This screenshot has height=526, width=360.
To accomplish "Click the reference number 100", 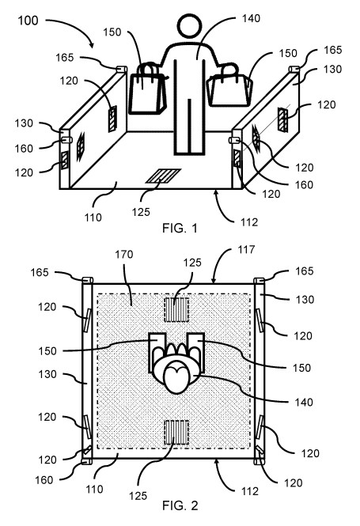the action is pos(28,21).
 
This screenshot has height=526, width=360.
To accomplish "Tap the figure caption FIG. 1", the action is pos(180,229).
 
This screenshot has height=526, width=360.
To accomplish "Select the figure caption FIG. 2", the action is pos(180,505).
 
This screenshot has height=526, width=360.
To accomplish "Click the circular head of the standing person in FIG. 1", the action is pos(190,26).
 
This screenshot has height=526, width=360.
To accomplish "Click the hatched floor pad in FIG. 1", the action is pos(163,176).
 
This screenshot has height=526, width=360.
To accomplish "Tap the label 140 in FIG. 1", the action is pos(251,18).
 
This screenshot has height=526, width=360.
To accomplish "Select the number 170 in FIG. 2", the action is pos(123,255).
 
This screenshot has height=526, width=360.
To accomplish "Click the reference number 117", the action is pos(246,250).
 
